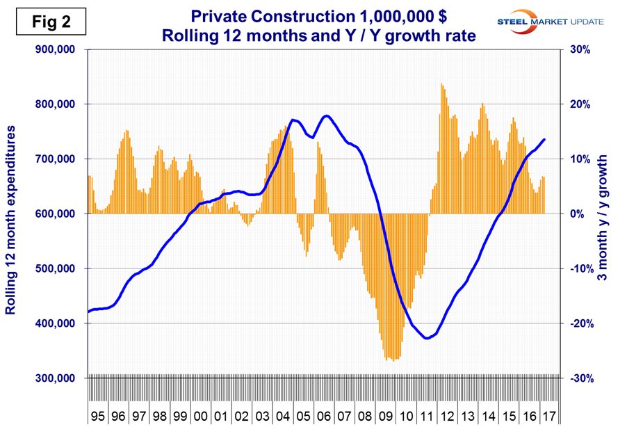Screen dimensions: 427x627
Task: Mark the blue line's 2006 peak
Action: click(x=326, y=115)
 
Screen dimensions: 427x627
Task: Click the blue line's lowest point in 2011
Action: click(x=427, y=338)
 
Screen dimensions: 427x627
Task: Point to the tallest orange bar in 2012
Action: click(x=441, y=84)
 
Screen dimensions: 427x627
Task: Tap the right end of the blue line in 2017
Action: click(x=544, y=139)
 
